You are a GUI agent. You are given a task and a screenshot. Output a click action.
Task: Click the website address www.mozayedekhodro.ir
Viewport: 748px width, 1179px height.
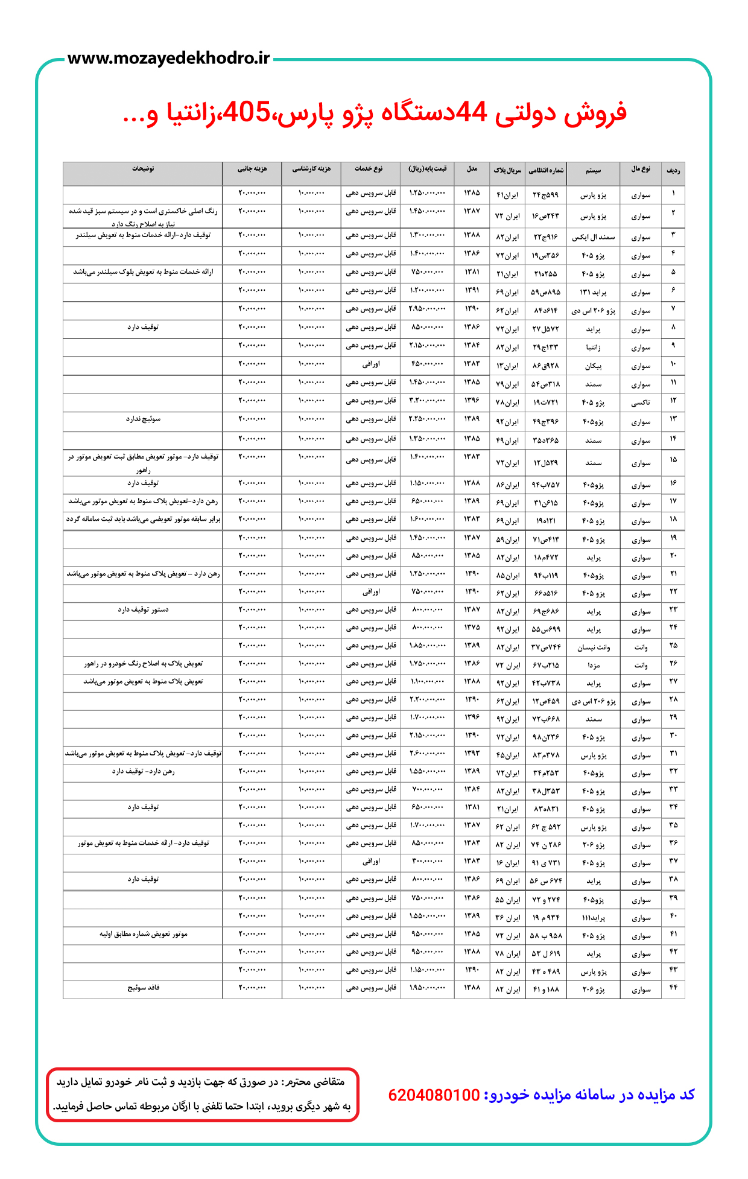[x=168, y=59]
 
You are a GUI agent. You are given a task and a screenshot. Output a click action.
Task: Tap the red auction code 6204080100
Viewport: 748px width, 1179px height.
[x=434, y=1095]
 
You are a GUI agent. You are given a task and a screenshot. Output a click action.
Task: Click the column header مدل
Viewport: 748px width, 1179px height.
[x=472, y=170]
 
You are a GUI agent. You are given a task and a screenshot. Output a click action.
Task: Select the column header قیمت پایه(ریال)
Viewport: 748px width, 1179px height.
[x=428, y=170]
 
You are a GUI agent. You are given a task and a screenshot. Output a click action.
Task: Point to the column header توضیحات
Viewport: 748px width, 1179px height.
[x=143, y=170]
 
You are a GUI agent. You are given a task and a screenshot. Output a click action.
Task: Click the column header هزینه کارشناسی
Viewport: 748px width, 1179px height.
[x=311, y=170]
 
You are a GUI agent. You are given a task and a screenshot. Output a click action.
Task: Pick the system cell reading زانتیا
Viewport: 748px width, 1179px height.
[x=593, y=348]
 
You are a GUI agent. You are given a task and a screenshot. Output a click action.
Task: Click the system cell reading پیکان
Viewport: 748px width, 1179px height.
[x=593, y=366]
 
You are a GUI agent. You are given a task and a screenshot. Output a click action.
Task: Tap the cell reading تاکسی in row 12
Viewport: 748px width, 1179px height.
[x=641, y=402]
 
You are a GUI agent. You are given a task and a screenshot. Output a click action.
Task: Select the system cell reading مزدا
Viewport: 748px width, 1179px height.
[x=593, y=665]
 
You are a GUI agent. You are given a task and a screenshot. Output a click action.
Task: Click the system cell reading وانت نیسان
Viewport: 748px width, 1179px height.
[x=593, y=647]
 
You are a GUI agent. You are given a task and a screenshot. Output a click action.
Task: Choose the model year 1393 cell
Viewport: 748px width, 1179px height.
[x=472, y=754]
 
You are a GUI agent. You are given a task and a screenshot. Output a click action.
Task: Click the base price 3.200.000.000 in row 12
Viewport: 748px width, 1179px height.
[x=428, y=401]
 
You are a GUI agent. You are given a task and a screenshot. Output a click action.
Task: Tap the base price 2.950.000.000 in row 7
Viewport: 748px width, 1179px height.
[x=428, y=310]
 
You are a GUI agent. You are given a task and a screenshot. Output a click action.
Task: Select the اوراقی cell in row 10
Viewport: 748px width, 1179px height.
[x=370, y=364]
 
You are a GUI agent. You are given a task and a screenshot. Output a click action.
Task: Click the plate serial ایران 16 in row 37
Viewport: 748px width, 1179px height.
[x=507, y=863]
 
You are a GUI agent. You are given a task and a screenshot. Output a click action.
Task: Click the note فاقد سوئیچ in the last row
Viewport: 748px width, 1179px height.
[x=143, y=988]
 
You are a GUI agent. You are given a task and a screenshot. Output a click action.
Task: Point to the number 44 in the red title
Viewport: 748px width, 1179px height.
[x=471, y=112]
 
